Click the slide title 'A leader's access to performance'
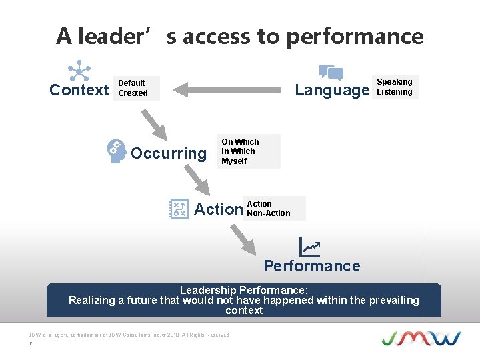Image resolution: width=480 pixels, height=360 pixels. (239, 36)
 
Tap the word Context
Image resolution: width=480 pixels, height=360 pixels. (79, 90)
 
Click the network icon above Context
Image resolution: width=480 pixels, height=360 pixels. (79, 70)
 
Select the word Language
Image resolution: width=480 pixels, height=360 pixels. (332, 90)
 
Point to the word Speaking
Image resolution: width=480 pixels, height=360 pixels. (395, 82)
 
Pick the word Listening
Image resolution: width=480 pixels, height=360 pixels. (395, 92)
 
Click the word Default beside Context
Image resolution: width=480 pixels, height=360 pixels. (131, 83)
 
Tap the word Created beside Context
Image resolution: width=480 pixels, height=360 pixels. (133, 93)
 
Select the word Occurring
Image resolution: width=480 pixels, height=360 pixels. (169, 153)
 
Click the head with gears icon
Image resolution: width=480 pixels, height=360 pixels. (117, 151)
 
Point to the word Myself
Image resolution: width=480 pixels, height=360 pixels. (234, 161)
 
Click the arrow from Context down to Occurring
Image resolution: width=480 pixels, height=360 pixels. (154, 121)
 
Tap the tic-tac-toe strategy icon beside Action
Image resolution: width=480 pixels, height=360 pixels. (178, 209)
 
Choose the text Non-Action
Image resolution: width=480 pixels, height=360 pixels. (269, 213)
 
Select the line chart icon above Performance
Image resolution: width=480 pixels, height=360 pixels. (309, 247)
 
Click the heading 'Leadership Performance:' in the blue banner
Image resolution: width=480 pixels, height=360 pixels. (244, 290)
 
